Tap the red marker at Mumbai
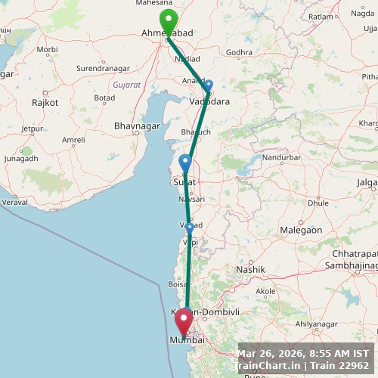point(183,324)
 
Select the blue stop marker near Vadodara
point(209,86)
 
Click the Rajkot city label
point(45,102)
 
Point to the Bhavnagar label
point(136,125)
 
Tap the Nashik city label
point(250,269)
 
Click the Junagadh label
point(21,159)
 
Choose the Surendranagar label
point(104,69)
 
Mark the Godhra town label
point(239,52)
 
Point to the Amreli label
point(73,140)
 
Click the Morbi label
point(47,49)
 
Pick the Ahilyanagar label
point(315,324)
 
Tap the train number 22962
point(354,366)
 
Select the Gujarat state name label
point(126,85)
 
